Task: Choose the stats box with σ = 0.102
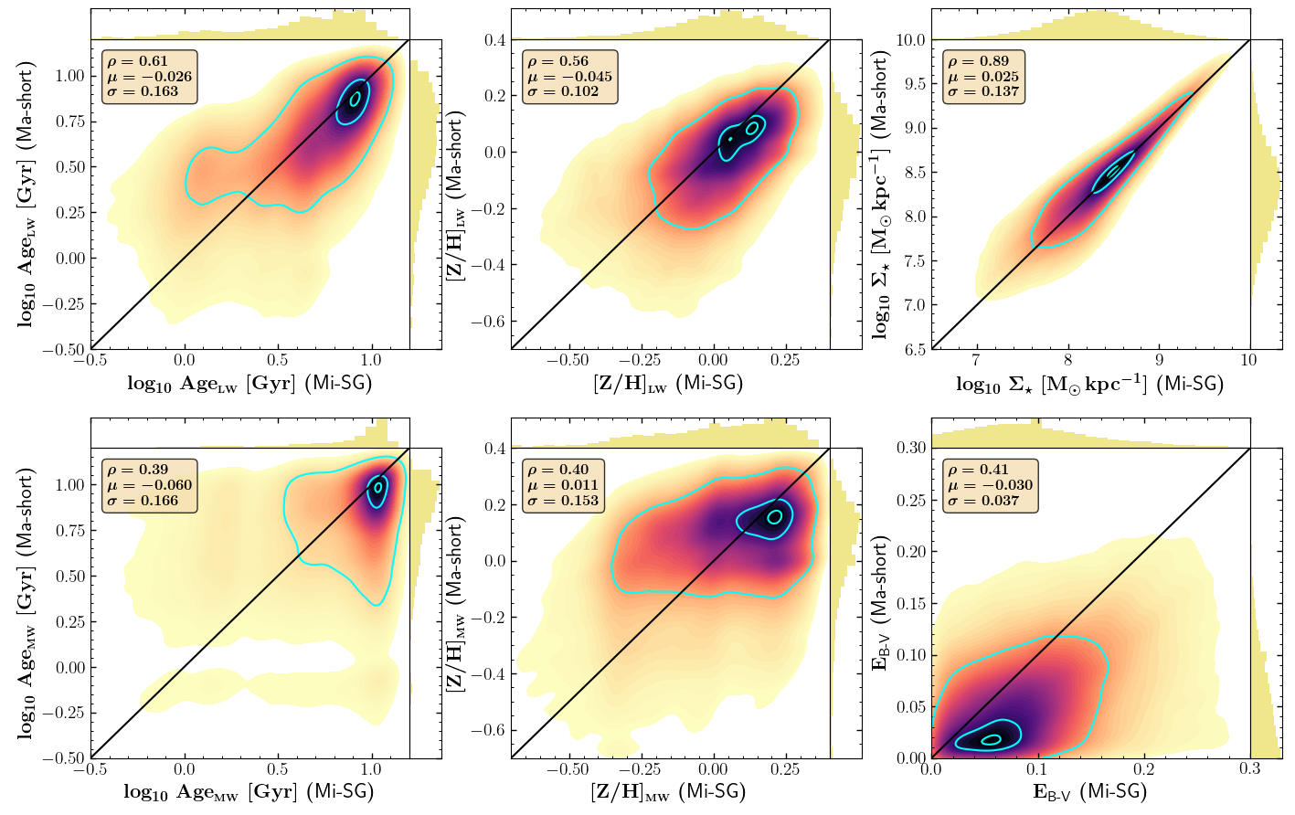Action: (569, 77)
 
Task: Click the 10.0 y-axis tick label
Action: (909, 40)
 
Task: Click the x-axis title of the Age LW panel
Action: (249, 384)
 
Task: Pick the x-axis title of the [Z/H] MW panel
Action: (668, 792)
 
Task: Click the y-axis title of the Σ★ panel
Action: (881, 194)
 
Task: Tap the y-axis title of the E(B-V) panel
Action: (881, 602)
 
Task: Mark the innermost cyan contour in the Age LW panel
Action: (355, 97)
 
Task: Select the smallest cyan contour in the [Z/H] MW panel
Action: (775, 516)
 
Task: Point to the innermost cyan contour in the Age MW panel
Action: (377, 488)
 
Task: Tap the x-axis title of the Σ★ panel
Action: (1089, 384)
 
